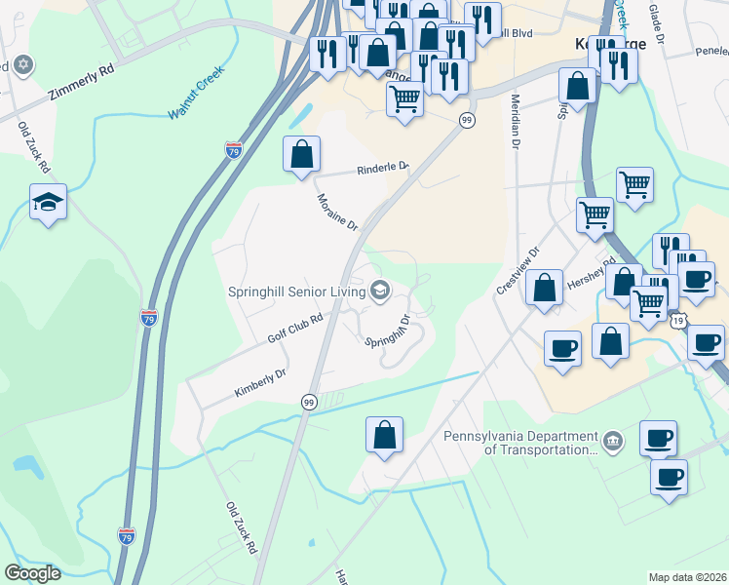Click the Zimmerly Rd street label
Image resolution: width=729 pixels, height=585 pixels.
point(81,85)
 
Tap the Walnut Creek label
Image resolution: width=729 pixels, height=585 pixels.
point(196,92)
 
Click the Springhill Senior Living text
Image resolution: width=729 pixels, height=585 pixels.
point(294,290)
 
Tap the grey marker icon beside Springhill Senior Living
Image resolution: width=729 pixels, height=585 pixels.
point(379,290)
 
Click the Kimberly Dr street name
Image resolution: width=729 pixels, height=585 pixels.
point(260,382)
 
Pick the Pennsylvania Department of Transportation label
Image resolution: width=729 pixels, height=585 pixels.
point(520,444)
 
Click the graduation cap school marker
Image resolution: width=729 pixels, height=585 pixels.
point(48,202)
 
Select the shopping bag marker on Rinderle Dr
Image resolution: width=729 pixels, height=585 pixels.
point(302,153)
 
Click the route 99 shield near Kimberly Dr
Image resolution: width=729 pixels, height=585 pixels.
point(309,402)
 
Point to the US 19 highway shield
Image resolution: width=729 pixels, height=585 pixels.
point(679,319)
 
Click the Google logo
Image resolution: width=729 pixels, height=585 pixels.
point(32,573)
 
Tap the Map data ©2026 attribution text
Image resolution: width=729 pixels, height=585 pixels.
point(687,577)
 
